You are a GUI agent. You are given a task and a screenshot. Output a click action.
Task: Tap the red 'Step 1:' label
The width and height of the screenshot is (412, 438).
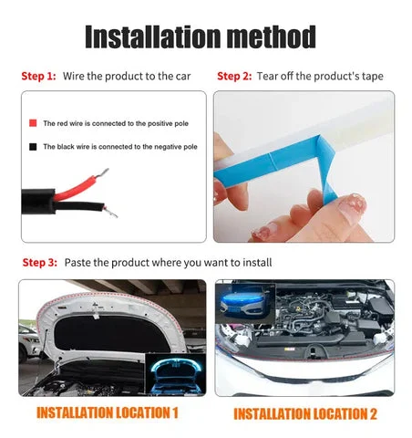[38, 76]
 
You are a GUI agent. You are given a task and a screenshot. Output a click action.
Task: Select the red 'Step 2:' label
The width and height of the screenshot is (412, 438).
[234, 76]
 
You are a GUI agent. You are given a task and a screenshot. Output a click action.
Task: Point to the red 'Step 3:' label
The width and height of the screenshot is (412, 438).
[39, 263]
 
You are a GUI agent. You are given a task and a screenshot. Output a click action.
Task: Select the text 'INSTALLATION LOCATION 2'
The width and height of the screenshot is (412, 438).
[305, 413]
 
